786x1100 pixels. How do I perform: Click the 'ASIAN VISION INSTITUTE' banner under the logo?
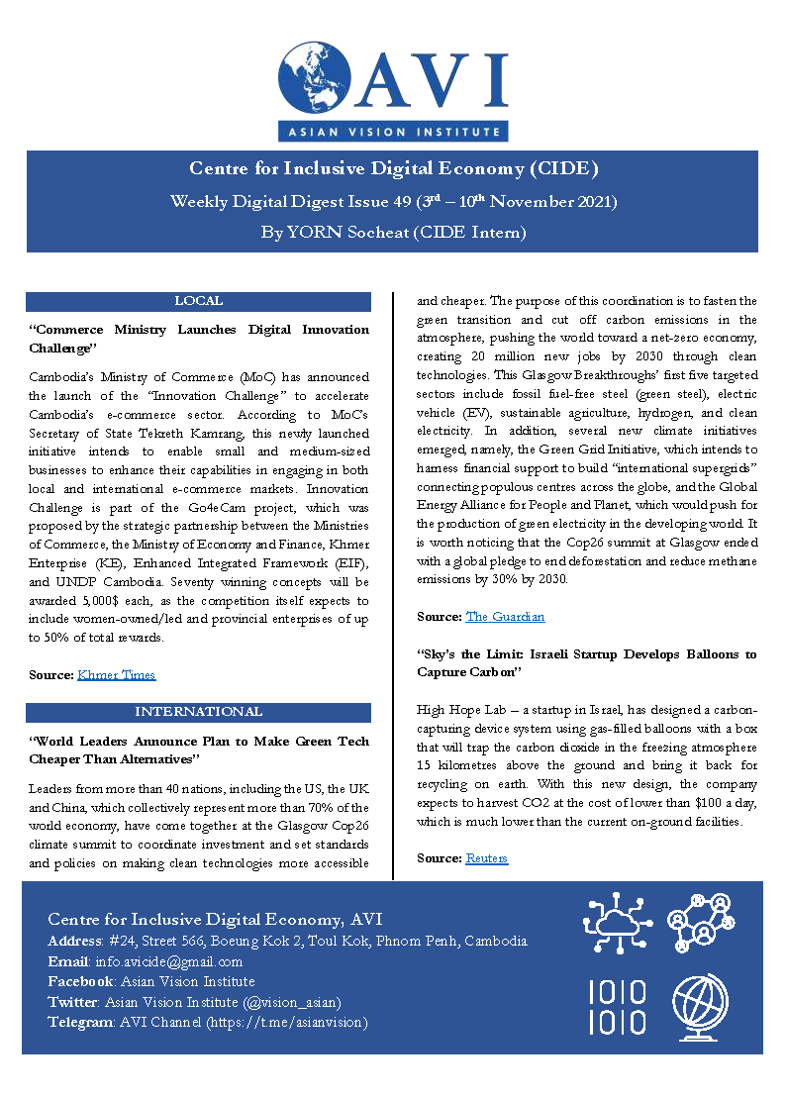coord(393,131)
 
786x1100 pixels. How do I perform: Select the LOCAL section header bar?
coord(198,301)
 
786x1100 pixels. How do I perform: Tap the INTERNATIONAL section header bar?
coord(198,712)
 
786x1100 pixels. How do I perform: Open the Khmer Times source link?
coord(116,675)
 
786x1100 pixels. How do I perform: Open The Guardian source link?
coord(505,617)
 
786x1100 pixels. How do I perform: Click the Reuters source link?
coord(486,858)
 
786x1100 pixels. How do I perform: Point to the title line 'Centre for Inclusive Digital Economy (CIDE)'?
coord(393,169)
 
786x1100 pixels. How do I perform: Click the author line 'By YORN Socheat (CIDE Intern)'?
coord(393,234)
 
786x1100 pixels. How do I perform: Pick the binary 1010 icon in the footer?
coord(617,1007)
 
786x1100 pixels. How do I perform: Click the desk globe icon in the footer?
coord(700,1007)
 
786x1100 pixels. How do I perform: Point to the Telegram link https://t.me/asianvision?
coord(286,1022)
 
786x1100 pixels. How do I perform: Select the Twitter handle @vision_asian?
coord(294,1002)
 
